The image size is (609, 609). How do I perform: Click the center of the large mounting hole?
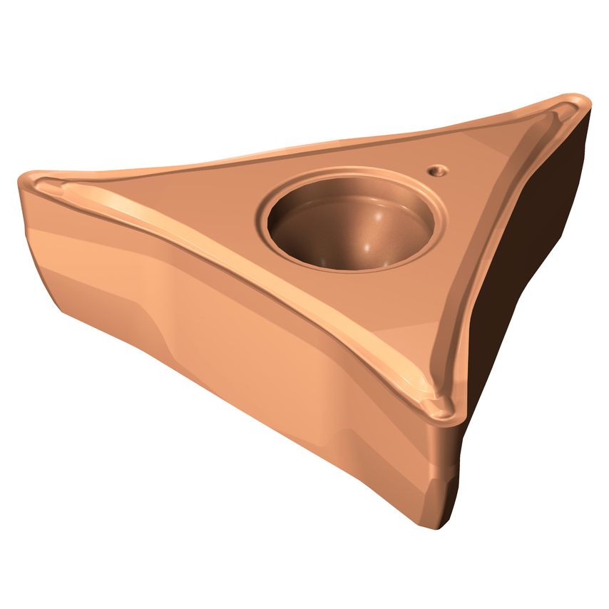point(352,221)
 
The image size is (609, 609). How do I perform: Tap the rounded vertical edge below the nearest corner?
point(446,471)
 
